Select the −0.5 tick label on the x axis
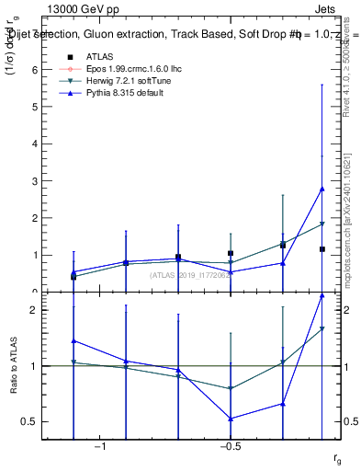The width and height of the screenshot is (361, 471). (230, 447)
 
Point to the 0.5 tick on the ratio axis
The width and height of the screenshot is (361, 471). (33, 422)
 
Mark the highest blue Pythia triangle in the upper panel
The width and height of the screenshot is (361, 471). (322, 189)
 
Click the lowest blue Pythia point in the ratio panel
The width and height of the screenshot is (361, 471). (231, 419)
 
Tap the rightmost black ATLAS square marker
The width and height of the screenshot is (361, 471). (322, 249)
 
